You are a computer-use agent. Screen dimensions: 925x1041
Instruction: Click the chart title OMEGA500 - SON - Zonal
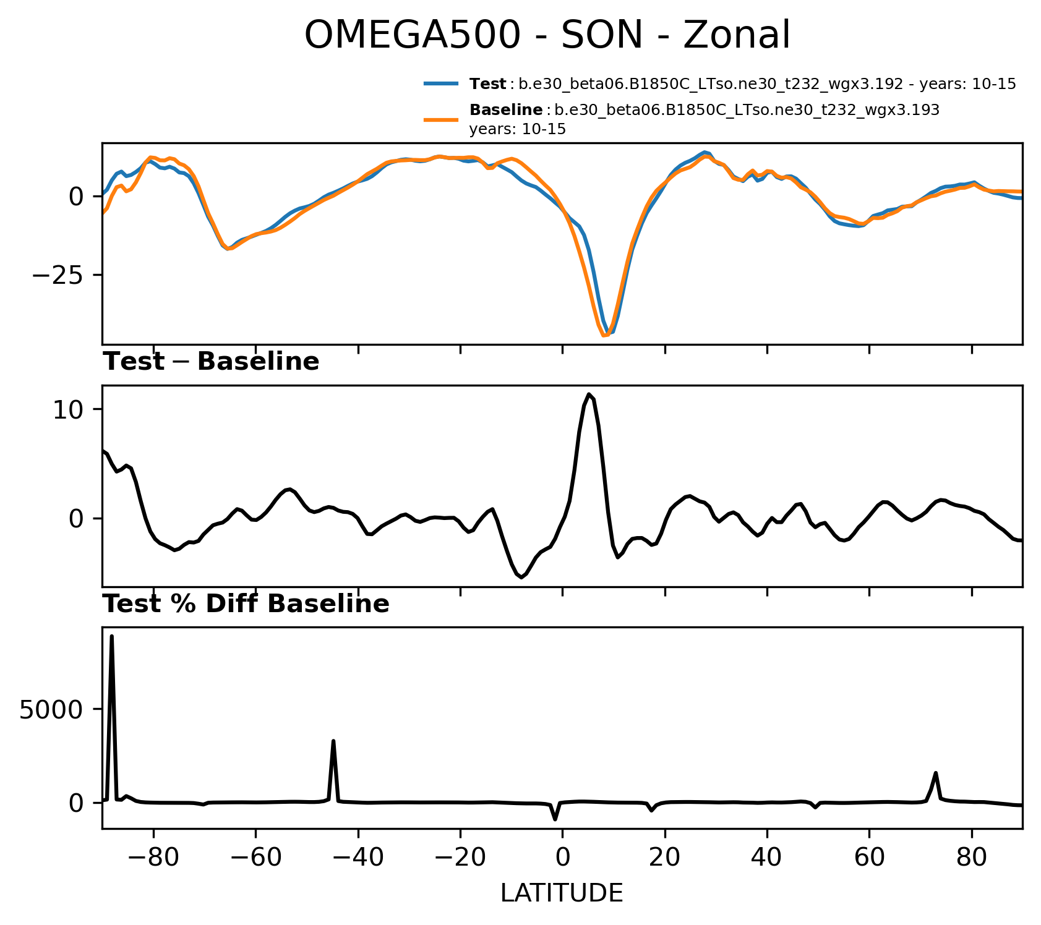pyautogui.click(x=547, y=35)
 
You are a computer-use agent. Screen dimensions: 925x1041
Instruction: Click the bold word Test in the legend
pyautogui.click(x=487, y=84)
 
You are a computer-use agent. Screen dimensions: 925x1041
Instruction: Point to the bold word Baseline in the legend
pyautogui.click(x=506, y=110)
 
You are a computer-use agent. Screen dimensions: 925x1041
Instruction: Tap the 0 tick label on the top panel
pyautogui.click(x=76, y=197)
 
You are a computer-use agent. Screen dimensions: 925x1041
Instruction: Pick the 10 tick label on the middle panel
pyautogui.click(x=68, y=409)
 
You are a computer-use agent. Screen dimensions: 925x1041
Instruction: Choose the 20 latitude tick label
pyautogui.click(x=665, y=858)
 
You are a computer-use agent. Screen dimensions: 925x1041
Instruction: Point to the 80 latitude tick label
pyautogui.click(x=972, y=858)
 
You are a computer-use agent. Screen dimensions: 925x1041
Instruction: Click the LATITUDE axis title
pyautogui.click(x=562, y=893)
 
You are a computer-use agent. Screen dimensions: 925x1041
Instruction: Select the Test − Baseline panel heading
pyautogui.click(x=211, y=362)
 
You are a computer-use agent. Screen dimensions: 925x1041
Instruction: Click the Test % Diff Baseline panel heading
pyautogui.click(x=246, y=604)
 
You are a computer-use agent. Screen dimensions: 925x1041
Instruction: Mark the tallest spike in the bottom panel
pyautogui.click(x=112, y=636)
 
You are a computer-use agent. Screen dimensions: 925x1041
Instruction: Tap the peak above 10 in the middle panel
pyautogui.click(x=589, y=394)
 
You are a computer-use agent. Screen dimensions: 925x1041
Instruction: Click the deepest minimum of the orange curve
pyautogui.click(x=604, y=335)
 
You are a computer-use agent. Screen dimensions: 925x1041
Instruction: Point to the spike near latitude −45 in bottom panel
pyautogui.click(x=333, y=741)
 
